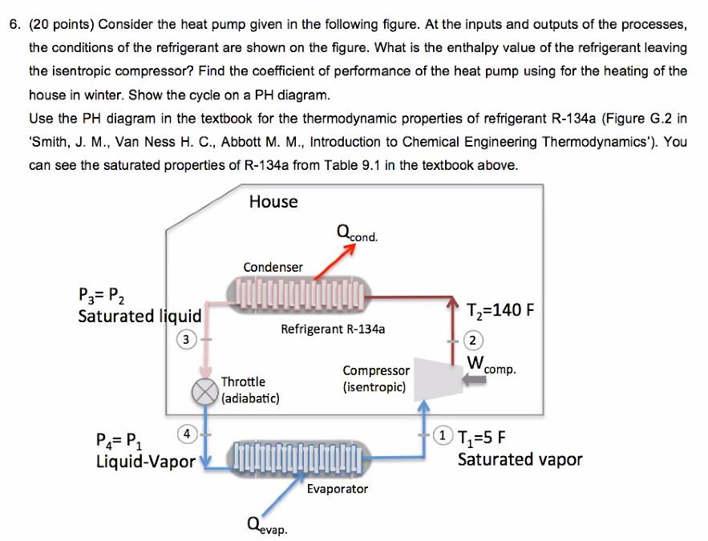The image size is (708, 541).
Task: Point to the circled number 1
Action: click(x=441, y=437)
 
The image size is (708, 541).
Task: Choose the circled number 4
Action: click(x=186, y=433)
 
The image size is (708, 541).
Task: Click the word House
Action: click(x=273, y=201)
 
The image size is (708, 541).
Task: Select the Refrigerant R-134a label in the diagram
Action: click(x=333, y=329)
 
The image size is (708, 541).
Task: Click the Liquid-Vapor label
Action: click(x=145, y=462)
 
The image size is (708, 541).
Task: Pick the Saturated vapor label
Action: click(x=520, y=459)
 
